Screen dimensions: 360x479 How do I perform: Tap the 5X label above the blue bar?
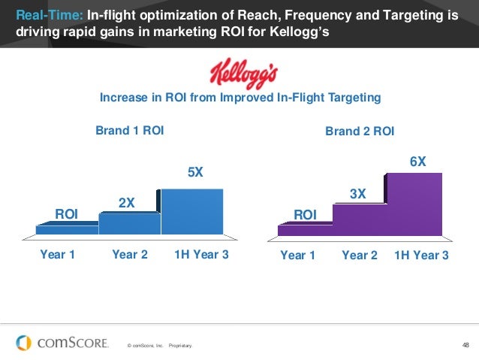pos(194,172)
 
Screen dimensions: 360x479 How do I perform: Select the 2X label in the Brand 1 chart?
pos(127,202)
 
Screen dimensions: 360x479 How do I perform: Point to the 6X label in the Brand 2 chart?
pos(417,162)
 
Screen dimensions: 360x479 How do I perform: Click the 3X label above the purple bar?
pos(358,194)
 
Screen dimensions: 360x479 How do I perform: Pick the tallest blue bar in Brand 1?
pos(192,211)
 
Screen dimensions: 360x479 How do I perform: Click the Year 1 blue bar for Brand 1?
pos(67,230)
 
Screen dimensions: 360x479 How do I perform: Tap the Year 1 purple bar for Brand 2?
pos(305,228)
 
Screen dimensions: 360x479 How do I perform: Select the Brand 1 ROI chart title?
pos(129,130)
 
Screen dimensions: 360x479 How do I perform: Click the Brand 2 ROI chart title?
pos(360,131)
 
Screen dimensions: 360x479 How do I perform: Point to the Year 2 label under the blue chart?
pos(129,254)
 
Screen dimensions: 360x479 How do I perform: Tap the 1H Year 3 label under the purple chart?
pos(420,255)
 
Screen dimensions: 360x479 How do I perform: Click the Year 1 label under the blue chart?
pos(57,254)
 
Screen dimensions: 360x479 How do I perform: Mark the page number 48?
pos(465,345)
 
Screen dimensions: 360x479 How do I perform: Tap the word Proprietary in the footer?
pos(181,346)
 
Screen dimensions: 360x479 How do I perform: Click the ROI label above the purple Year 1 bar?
pos(305,215)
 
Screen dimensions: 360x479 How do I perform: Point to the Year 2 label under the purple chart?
pos(360,255)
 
